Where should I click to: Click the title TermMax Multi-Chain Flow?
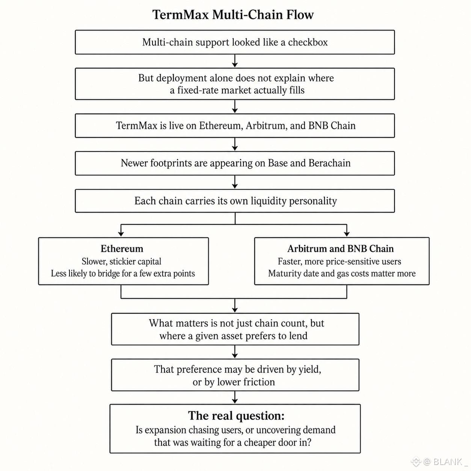(233, 15)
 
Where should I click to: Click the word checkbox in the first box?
(308, 42)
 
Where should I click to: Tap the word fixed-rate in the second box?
(198, 90)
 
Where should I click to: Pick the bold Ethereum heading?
(122, 249)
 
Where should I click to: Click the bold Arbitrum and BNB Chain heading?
(340, 249)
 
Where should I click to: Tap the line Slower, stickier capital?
(121, 261)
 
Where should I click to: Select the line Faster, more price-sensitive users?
(339, 261)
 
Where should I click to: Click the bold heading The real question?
(236, 415)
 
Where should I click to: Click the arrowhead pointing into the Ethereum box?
(121, 234)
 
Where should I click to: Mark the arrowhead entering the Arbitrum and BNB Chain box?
(347, 234)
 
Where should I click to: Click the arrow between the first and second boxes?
(235, 60)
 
